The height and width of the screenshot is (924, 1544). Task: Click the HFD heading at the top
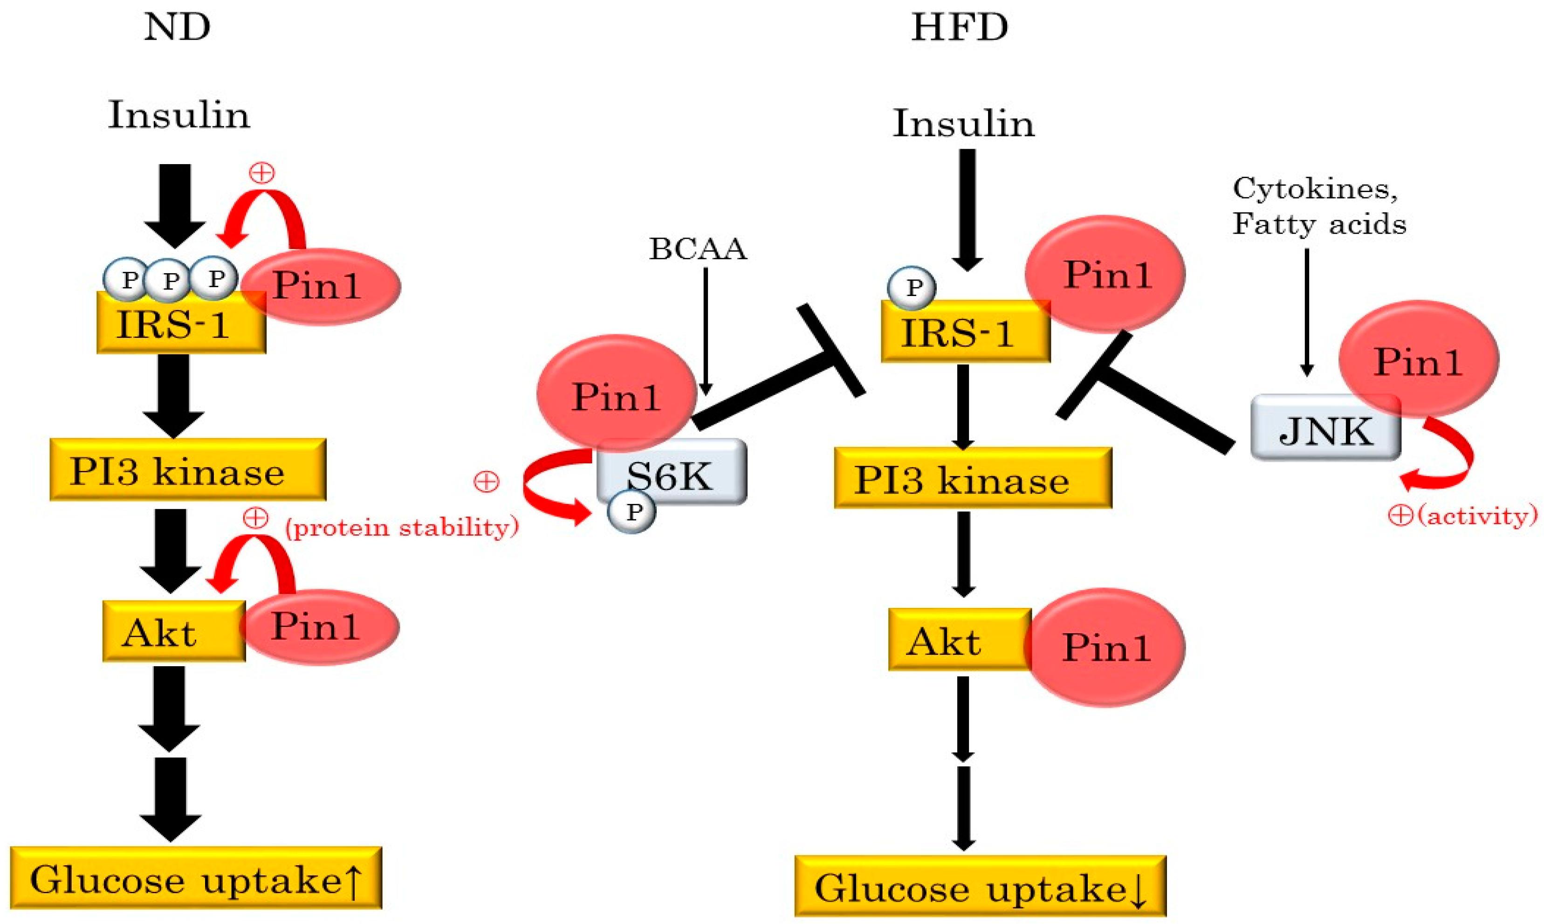click(959, 28)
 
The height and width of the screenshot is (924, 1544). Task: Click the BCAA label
click(698, 249)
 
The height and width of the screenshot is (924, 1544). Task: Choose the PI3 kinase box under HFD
click(972, 479)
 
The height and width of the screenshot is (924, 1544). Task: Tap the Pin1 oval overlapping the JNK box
click(1419, 360)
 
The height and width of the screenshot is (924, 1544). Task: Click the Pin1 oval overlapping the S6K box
click(616, 393)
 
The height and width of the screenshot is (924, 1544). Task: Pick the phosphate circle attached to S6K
click(632, 512)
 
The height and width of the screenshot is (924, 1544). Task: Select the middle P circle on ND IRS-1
click(169, 281)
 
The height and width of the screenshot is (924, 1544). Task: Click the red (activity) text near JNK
click(1478, 516)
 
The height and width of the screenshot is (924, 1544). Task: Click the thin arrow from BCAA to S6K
click(705, 330)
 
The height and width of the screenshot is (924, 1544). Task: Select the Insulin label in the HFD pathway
click(963, 123)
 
